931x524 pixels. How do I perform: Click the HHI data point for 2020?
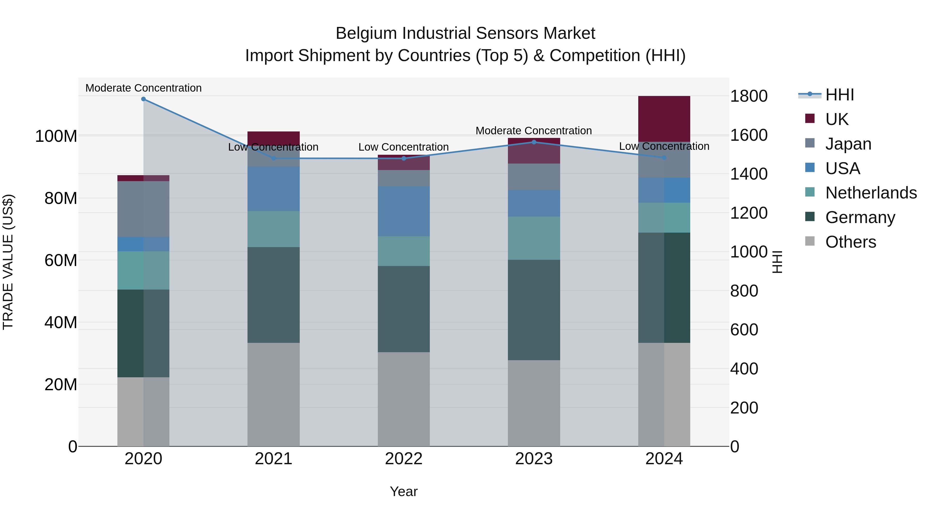144,99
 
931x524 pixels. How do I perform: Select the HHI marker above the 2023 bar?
534,142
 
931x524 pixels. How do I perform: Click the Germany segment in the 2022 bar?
404,309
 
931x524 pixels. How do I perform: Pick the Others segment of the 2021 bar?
274,394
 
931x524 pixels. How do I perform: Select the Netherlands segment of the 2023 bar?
534,238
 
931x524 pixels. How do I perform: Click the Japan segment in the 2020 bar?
144,209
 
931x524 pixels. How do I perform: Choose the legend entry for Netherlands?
871,193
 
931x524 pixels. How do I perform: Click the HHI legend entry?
839,95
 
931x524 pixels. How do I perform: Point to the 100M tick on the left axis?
56,136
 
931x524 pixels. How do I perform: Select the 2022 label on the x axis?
404,459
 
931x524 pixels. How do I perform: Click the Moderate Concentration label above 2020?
144,88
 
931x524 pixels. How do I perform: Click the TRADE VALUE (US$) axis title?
8,262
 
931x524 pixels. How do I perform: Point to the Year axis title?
404,491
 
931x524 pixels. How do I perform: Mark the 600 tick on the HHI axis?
744,330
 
